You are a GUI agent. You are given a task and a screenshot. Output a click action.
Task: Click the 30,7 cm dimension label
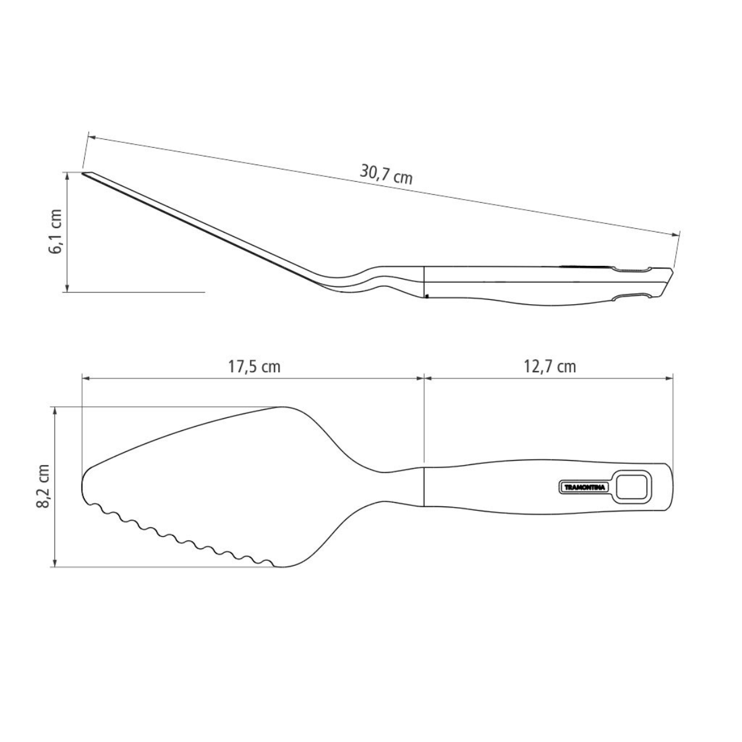(x=386, y=175)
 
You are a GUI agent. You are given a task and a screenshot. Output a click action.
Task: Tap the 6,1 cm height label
(x=56, y=231)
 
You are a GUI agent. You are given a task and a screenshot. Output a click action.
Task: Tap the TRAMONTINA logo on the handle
(x=584, y=487)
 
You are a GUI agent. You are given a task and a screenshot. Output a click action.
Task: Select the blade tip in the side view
(x=85, y=174)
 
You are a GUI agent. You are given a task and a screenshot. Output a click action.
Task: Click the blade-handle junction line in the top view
(x=424, y=486)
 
